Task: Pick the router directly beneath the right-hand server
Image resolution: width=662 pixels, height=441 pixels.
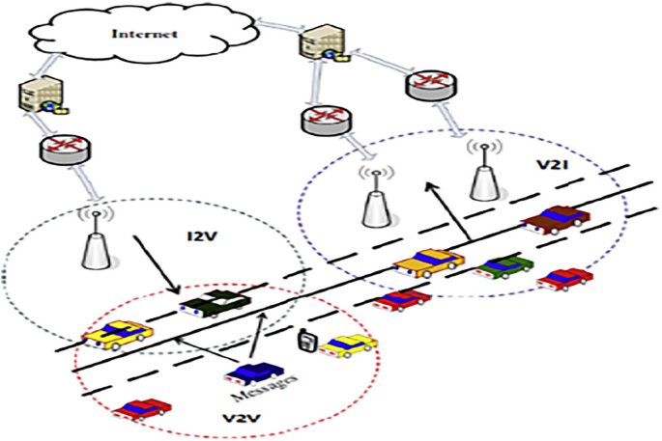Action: coord(318,121)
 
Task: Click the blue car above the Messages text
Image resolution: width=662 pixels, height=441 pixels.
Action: coord(252,372)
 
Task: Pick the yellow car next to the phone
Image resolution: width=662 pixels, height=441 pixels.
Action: coord(349,345)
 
